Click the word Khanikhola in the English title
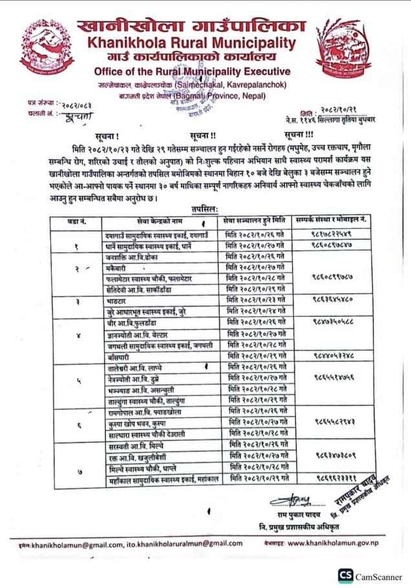click(x=130, y=43)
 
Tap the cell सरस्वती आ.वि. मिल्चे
click(x=136, y=446)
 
